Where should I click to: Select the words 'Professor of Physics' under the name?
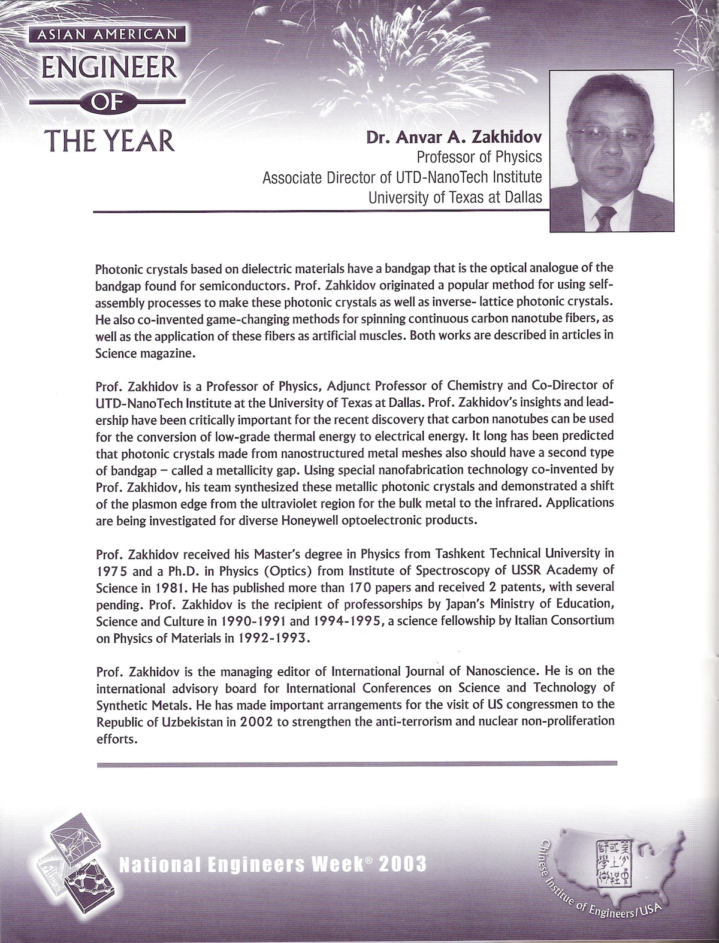[x=479, y=157]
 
